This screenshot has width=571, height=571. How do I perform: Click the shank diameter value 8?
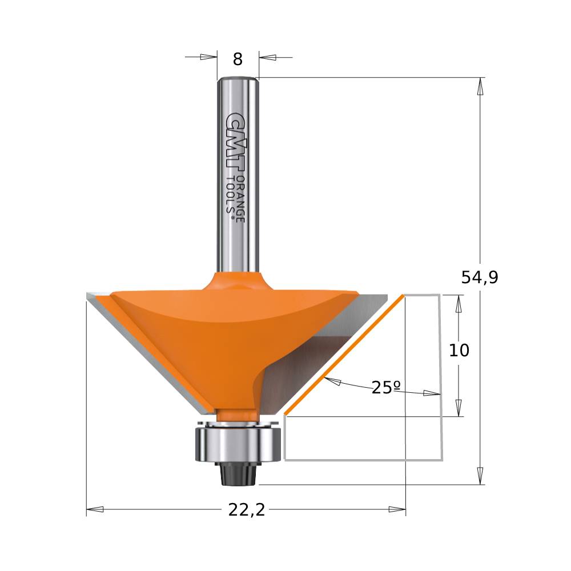pos(238,59)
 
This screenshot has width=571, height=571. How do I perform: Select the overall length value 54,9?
pos(480,278)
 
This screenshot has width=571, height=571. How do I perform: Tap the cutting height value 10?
pos(459,350)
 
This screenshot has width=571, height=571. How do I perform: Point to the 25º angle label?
pos(385,388)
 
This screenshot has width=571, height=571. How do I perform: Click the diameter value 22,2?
pos(247,510)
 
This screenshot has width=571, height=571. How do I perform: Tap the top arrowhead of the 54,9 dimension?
pos(480,86)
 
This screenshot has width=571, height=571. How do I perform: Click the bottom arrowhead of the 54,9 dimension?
pos(480,475)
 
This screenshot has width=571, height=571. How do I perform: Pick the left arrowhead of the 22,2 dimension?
pos(95,509)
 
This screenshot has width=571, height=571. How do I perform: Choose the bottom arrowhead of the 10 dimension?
pos(458,408)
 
